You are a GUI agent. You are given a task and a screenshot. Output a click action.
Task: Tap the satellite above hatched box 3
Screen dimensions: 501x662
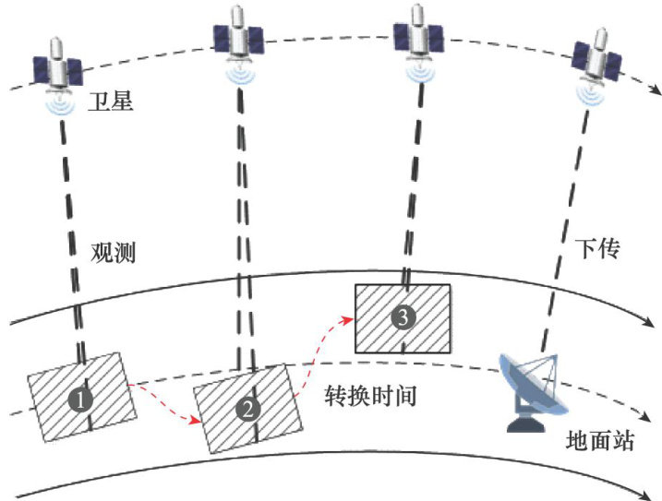tap(420, 37)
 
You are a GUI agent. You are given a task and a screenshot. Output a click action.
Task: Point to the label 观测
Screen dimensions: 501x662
tap(114, 253)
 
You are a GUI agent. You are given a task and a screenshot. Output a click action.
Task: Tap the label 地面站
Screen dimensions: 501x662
tap(599, 440)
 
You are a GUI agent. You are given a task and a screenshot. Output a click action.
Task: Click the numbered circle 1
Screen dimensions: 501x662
tap(82, 400)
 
